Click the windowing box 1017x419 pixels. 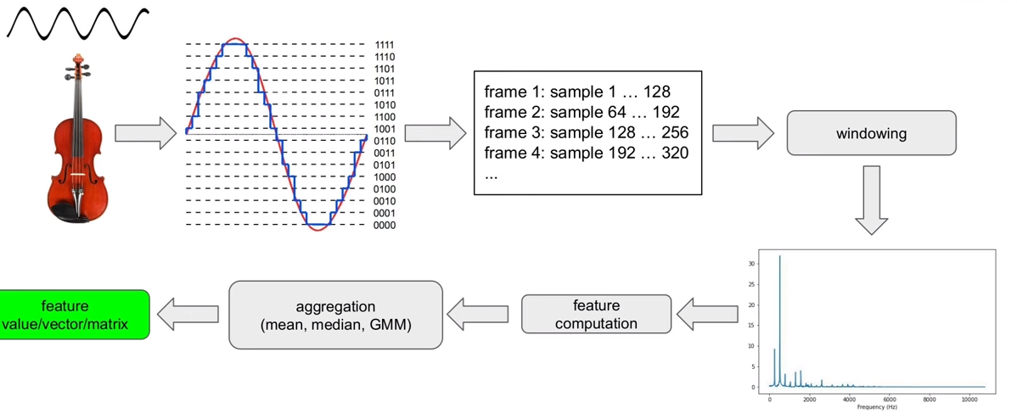click(x=871, y=133)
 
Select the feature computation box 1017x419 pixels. click(x=596, y=314)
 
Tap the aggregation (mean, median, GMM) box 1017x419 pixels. click(x=335, y=314)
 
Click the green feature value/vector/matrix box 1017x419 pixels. click(x=75, y=315)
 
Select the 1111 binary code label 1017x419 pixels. click(x=385, y=45)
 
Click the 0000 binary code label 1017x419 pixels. click(x=385, y=225)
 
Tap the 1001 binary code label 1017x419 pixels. click(x=385, y=129)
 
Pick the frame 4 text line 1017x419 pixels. click(x=587, y=154)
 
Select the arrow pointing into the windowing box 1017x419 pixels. click(x=743, y=133)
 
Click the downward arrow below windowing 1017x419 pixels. click(x=871, y=199)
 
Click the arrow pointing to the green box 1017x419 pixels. click(x=188, y=315)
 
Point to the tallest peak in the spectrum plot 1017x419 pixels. click(x=779, y=256)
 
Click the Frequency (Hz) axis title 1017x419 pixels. click(x=877, y=407)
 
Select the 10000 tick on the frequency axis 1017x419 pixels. click(x=969, y=399)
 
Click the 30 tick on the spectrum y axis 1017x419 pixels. click(x=751, y=264)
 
